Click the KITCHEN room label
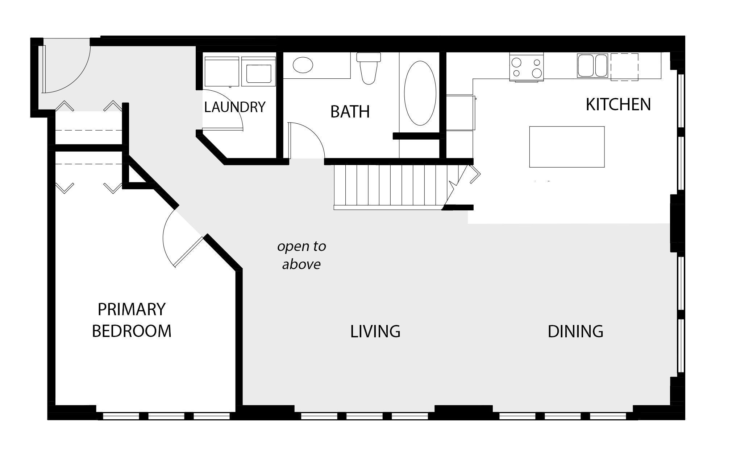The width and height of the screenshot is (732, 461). click(x=618, y=104)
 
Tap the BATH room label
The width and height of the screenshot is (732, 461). click(x=350, y=112)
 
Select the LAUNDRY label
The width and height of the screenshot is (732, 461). click(x=235, y=107)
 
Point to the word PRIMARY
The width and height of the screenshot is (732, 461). click(x=132, y=309)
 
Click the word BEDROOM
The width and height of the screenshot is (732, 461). click(x=132, y=331)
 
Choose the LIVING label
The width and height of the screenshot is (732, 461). click(x=375, y=332)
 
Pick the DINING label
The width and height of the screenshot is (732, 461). click(x=575, y=332)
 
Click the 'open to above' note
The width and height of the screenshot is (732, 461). click(x=301, y=255)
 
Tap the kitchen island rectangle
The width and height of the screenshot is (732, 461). click(x=567, y=147)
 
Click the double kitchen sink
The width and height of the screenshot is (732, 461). click(x=592, y=66)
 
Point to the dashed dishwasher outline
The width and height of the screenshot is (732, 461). click(x=624, y=67)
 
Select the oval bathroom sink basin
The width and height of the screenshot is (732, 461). click(x=303, y=66)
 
